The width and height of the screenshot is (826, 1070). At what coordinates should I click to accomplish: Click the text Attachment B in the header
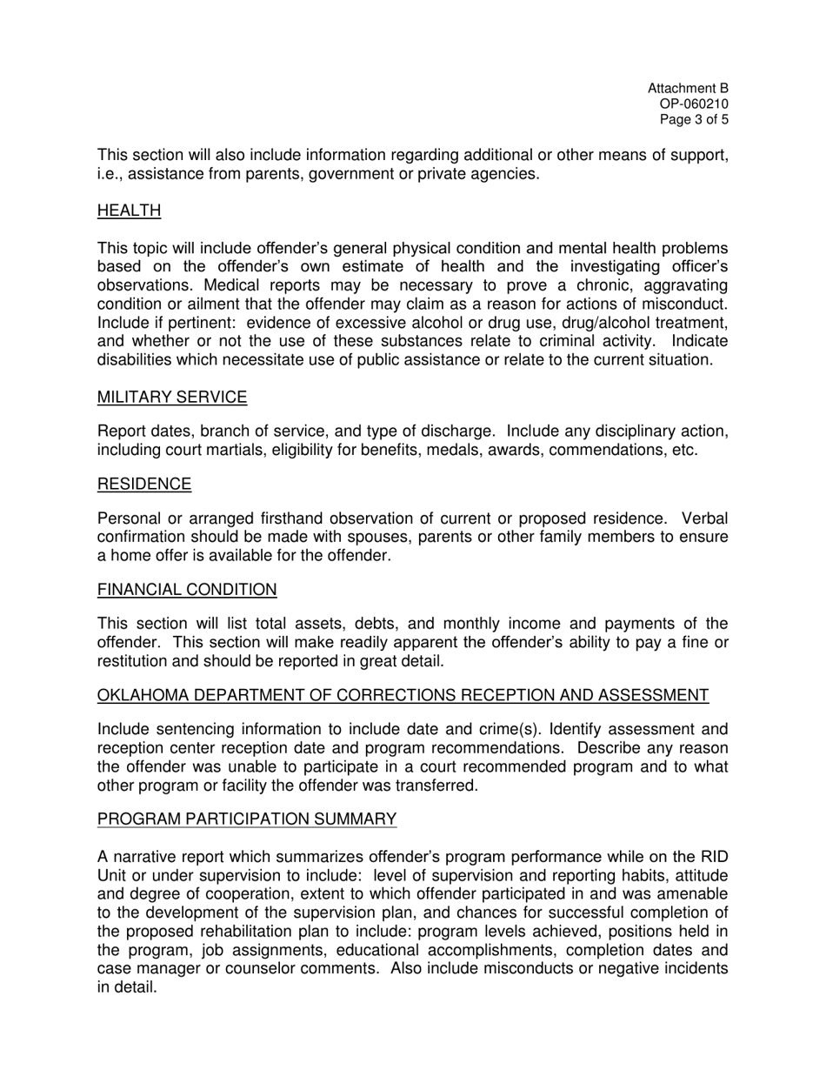pyautogui.click(x=688, y=89)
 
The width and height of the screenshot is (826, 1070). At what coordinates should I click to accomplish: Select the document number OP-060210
pyautogui.click(x=694, y=104)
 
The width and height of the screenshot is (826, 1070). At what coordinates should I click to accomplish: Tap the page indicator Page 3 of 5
pyautogui.click(x=694, y=120)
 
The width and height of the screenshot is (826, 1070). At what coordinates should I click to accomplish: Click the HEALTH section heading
pyautogui.click(x=129, y=211)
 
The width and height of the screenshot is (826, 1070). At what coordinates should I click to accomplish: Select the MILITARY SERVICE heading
pyautogui.click(x=172, y=398)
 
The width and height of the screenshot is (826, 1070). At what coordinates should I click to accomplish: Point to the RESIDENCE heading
pyautogui.click(x=144, y=484)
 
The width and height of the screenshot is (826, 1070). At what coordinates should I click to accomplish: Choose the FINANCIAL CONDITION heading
pyautogui.click(x=187, y=590)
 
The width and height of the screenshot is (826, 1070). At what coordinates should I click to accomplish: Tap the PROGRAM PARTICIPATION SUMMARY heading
pyautogui.click(x=247, y=819)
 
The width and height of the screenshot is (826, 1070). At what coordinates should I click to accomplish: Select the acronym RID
pyautogui.click(x=715, y=856)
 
